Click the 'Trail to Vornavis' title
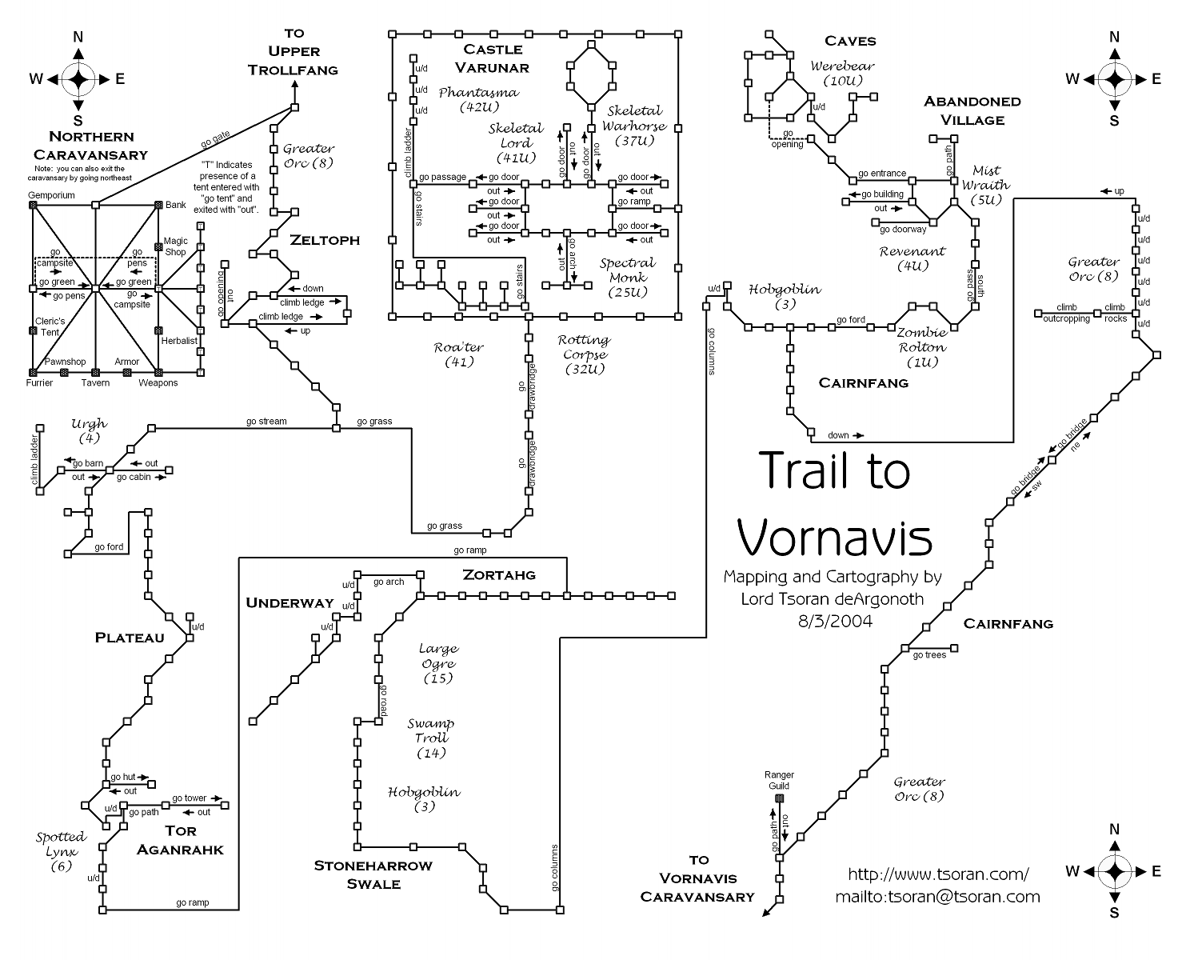[x=833, y=504]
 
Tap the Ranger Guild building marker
[x=781, y=798]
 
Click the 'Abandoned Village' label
[x=972, y=110]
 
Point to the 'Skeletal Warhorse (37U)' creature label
[x=634, y=126]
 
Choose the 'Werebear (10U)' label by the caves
[x=842, y=74]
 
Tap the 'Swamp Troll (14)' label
[x=431, y=738]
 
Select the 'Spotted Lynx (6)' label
[x=60, y=851]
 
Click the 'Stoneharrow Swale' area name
[x=373, y=874]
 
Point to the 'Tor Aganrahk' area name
[x=180, y=840]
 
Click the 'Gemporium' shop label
[x=51, y=195]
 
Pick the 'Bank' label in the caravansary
[x=176, y=205]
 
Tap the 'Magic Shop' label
[x=176, y=246]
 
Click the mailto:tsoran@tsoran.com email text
[x=937, y=897]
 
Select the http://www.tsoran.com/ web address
[x=938, y=874]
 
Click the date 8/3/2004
[x=834, y=620]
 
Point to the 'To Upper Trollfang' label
[x=293, y=51]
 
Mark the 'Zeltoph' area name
[x=325, y=240]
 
